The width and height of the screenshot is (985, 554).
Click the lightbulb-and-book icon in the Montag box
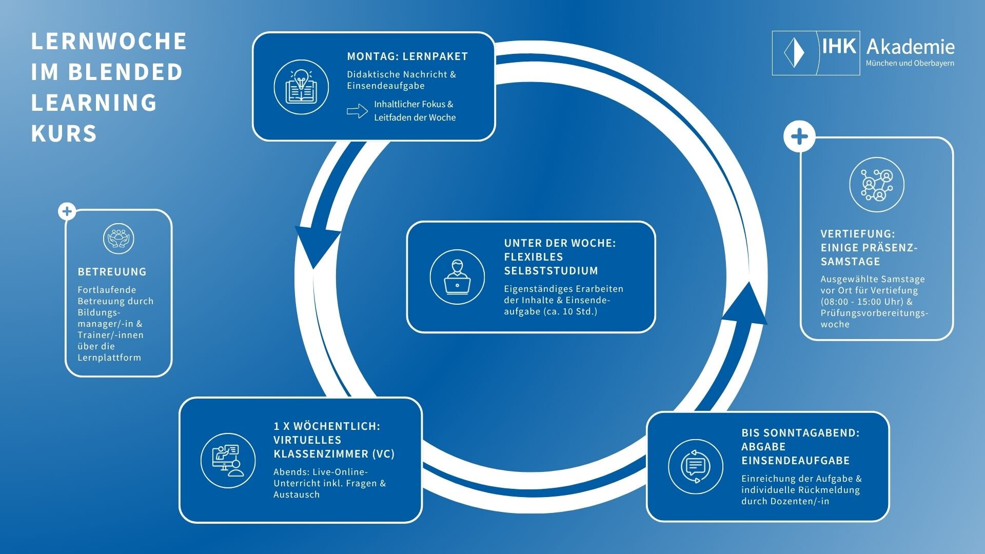coord(301,87)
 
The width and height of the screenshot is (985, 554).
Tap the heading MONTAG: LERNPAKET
coord(407,56)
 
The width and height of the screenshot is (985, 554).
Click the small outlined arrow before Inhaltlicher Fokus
coord(357,111)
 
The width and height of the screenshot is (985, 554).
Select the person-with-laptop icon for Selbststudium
coord(457,277)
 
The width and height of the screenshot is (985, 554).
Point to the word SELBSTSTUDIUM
coord(551,271)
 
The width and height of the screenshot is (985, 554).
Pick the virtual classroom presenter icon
coord(228,461)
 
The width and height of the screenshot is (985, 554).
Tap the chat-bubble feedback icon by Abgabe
coord(696,466)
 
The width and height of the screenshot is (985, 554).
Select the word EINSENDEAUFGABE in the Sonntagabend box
coord(795,461)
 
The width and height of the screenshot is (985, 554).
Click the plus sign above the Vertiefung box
coord(799,137)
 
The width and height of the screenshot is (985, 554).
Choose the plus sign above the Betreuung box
coord(67,211)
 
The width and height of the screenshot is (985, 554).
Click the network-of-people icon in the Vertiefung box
coord(876,185)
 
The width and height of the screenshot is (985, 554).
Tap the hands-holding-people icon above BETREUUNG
coord(119,239)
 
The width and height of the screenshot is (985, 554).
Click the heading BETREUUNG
coord(112,272)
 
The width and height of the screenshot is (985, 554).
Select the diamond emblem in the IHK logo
coord(794,52)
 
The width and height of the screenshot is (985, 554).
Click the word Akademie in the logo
coord(910,47)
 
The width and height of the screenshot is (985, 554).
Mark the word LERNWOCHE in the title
coord(109,42)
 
